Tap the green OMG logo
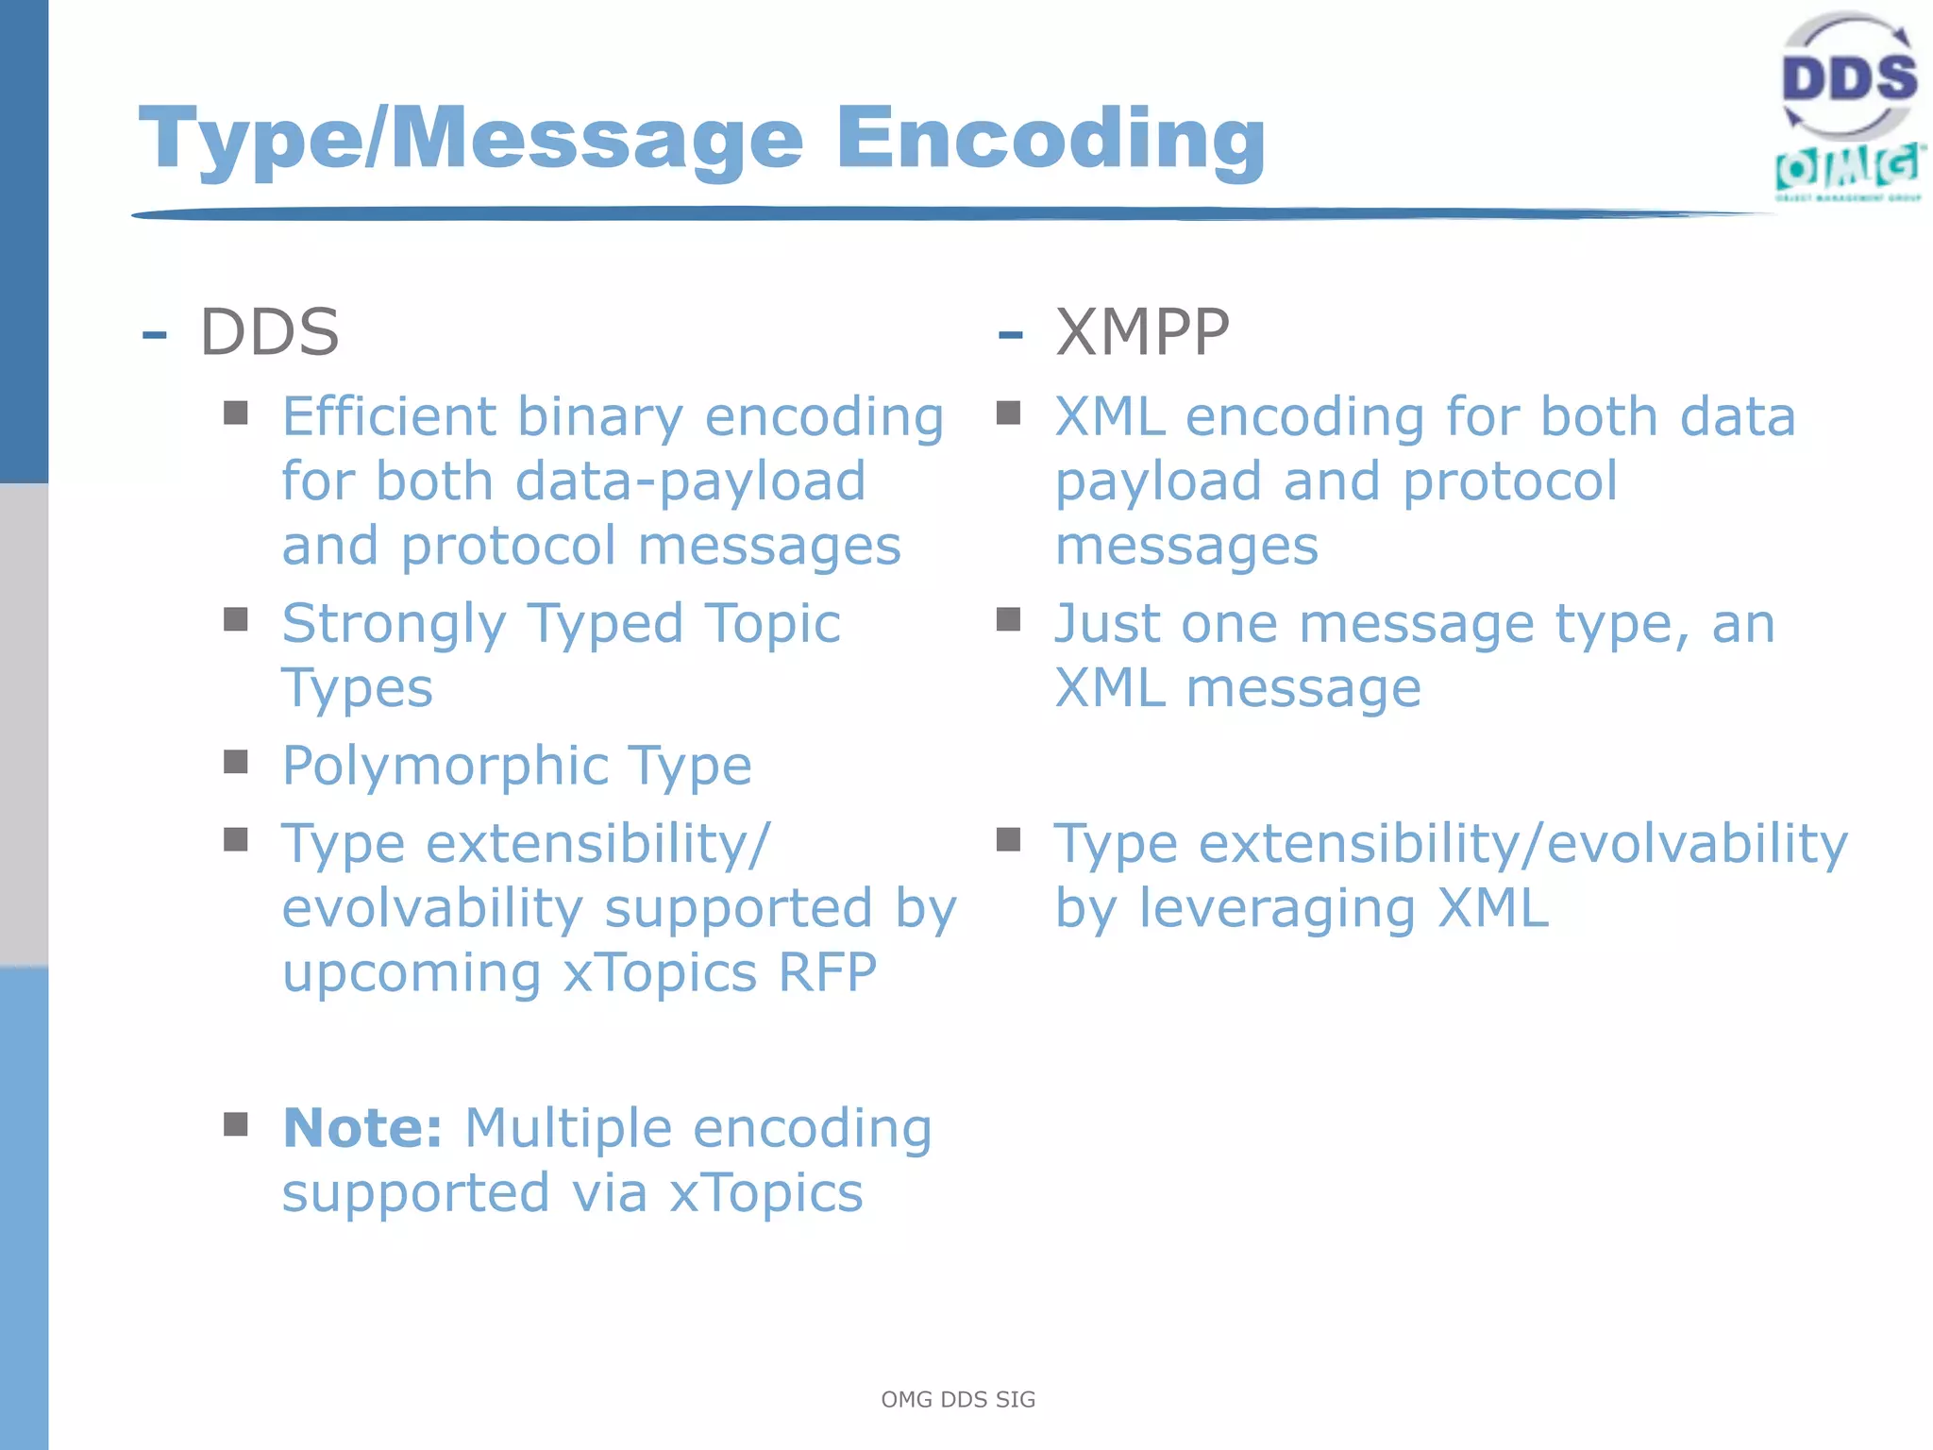click(x=1848, y=170)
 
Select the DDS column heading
click(x=269, y=332)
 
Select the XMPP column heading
click(x=1142, y=332)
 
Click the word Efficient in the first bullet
click(x=389, y=416)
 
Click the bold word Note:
click(x=362, y=1127)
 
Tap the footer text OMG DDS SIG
click(x=958, y=1400)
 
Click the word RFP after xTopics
click(x=827, y=972)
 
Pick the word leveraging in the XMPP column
click(x=1277, y=908)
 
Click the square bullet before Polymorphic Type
click(x=236, y=762)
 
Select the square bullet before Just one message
click(x=1009, y=619)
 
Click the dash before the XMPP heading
click(x=1010, y=334)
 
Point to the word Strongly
click(x=395, y=625)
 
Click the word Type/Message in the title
click(x=470, y=139)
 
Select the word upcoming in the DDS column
click(x=412, y=974)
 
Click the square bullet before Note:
click(x=236, y=1123)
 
